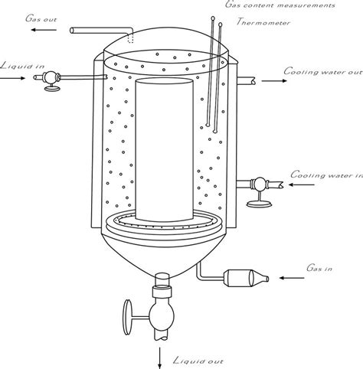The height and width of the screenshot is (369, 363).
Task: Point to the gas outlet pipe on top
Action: [100, 31]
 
